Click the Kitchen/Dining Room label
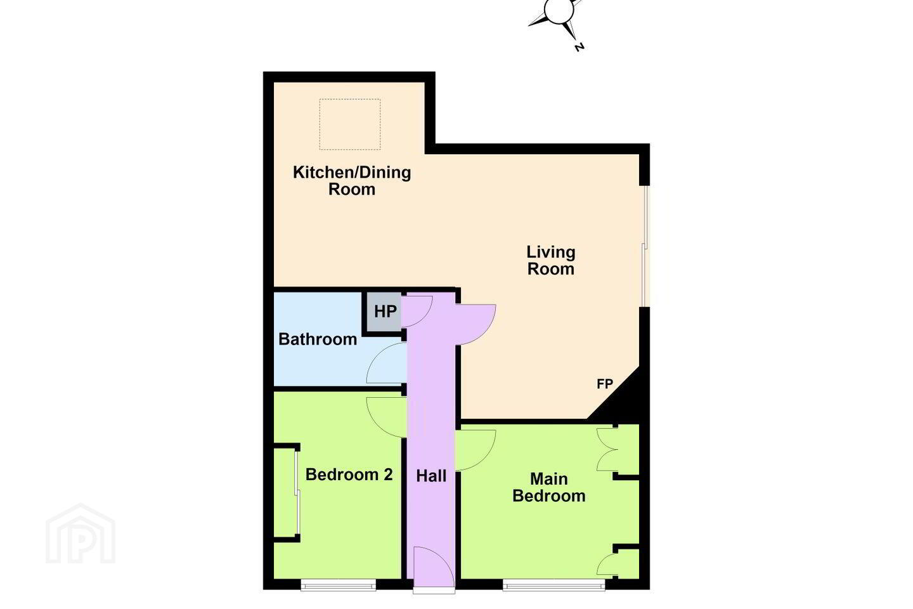[352, 181]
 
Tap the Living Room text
[550, 260]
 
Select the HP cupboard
[384, 311]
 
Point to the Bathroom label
[318, 339]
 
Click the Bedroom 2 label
[349, 475]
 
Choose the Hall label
[431, 476]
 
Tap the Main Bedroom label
[548, 487]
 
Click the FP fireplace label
[605, 383]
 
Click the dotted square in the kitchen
[350, 124]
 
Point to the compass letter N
[579, 48]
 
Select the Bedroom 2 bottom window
[339, 586]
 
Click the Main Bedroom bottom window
[554, 586]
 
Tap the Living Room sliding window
[644, 246]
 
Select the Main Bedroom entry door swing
[476, 450]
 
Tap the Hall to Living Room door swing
[476, 325]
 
